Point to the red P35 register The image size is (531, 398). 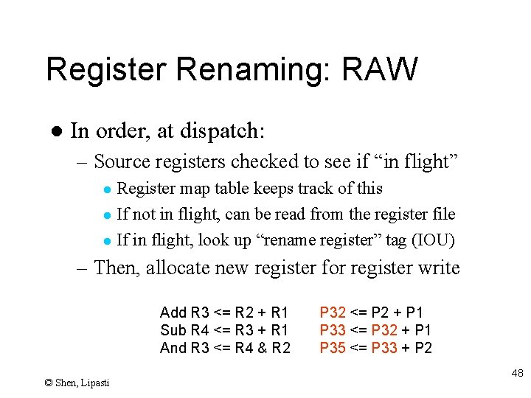pos(332,348)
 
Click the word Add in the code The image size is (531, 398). pos(173,313)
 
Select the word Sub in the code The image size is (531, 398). pos(173,330)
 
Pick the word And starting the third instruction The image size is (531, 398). pos(174,348)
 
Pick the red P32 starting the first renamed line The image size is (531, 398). pos(332,313)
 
